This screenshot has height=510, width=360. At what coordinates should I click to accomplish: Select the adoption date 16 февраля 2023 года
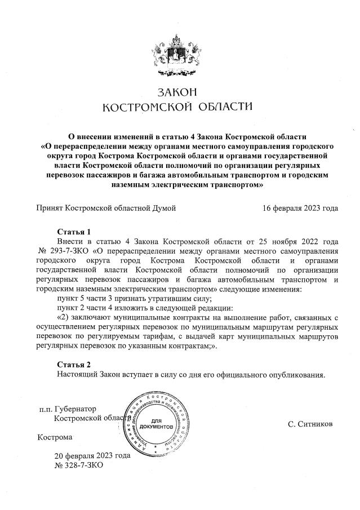(x=300, y=208)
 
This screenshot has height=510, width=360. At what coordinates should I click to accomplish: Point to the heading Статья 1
(x=74, y=231)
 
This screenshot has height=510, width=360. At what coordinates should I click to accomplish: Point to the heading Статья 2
(x=74, y=364)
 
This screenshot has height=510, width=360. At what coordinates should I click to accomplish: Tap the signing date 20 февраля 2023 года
(x=92, y=456)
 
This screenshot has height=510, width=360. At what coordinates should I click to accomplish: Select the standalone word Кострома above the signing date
(x=54, y=437)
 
